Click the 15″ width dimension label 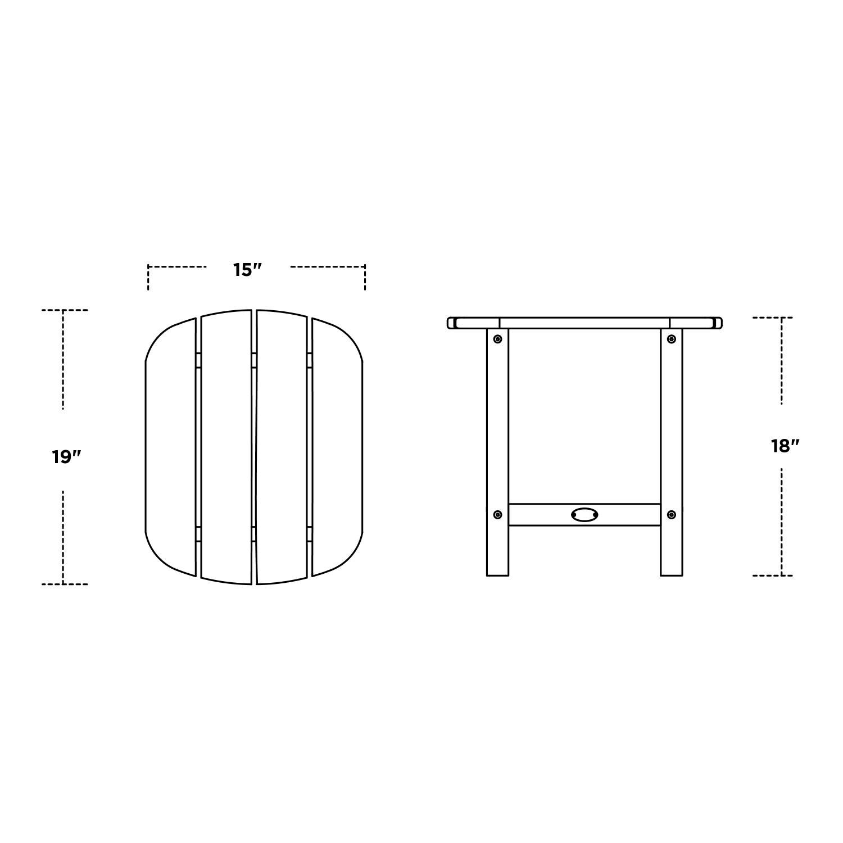[248, 270]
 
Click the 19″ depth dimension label [67, 457]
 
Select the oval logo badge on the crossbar [584, 514]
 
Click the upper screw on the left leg [497, 339]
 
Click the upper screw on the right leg [671, 339]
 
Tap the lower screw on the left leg [497, 514]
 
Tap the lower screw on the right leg [671, 514]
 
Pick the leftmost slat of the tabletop [171, 447]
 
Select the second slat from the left [226, 447]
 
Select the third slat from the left [282, 447]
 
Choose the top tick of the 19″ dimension [64, 310]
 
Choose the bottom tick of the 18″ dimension [781, 575]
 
